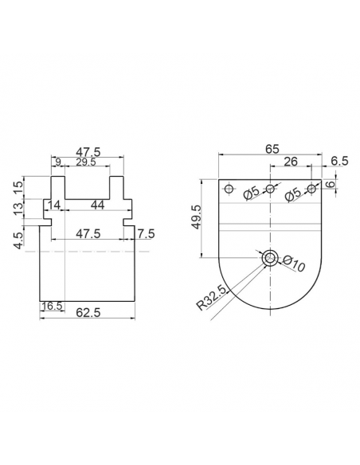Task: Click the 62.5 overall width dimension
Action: coord(88,312)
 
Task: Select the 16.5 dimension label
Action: coord(52,306)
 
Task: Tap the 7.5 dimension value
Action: coord(146,233)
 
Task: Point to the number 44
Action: coord(97,205)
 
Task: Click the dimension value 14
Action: coord(54,205)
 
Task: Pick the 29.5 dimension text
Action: coord(86,162)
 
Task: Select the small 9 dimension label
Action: coord(58,162)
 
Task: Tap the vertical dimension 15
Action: coord(18,187)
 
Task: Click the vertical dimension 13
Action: coord(18,209)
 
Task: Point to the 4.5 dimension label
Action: coord(18,240)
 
